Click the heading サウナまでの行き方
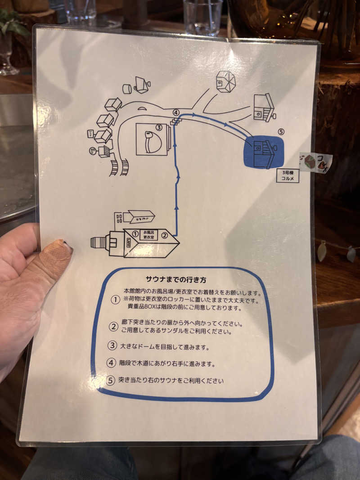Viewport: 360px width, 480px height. tap(176, 280)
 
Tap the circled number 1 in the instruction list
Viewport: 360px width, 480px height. tap(115, 300)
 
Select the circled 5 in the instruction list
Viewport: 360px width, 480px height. tap(111, 380)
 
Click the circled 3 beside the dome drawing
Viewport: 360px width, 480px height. tap(158, 128)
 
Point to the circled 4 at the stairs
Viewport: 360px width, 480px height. tap(176, 112)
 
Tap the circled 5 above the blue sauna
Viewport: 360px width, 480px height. tap(281, 132)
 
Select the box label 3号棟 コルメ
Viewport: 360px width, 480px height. tap(288, 175)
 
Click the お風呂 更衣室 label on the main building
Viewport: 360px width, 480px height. tap(148, 234)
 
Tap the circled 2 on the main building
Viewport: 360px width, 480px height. tap(165, 234)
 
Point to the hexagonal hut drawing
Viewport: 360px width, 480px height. tap(225, 82)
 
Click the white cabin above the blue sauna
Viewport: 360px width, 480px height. tap(264, 108)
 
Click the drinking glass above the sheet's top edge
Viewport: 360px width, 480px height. tap(202, 17)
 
